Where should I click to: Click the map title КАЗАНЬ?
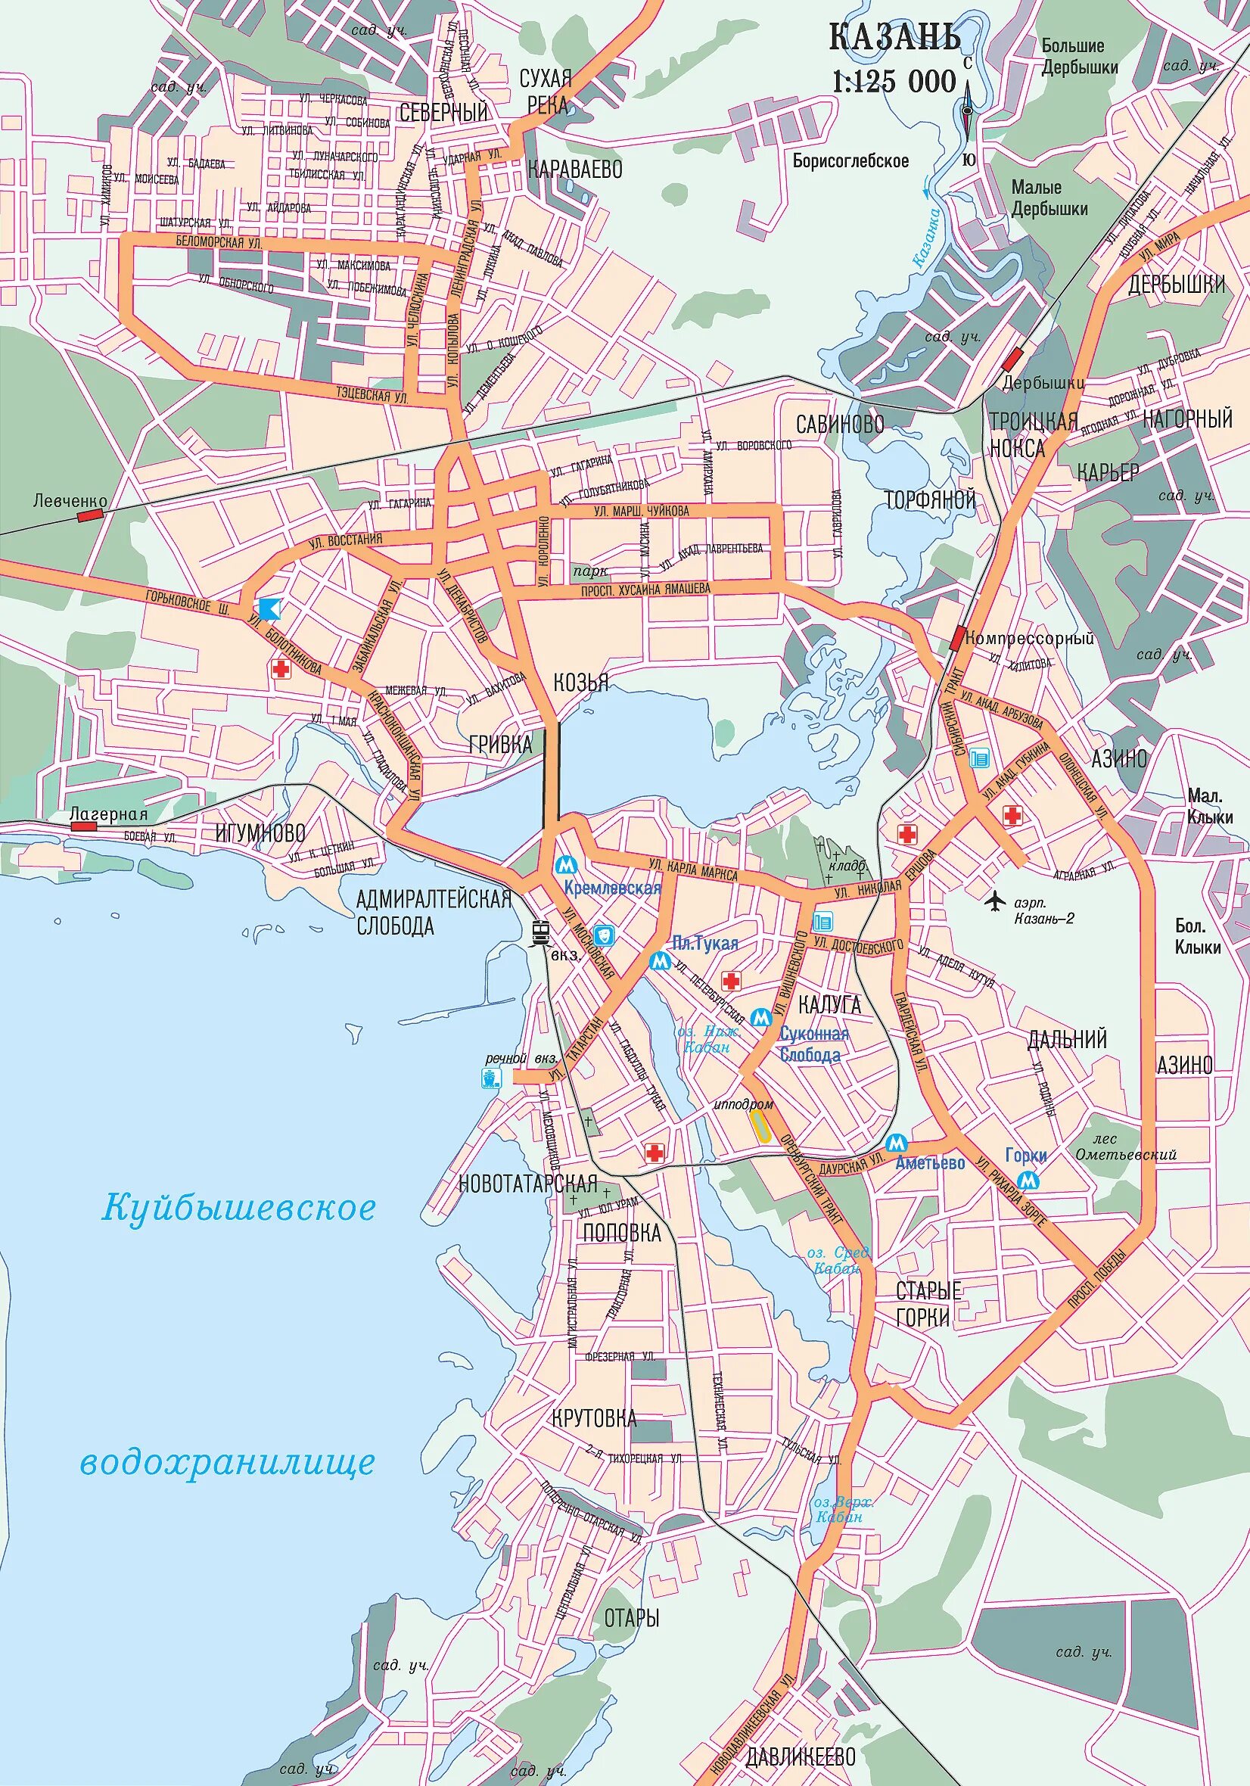click(x=894, y=37)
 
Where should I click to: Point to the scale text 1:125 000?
click(x=894, y=81)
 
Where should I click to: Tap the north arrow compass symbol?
click(x=967, y=110)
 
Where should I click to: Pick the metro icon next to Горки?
click(x=1031, y=1179)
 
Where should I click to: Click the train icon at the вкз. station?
click(x=540, y=931)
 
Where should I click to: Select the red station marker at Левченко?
click(x=91, y=514)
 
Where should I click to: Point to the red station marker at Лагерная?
click(x=83, y=826)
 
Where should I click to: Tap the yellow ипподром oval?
click(x=760, y=1125)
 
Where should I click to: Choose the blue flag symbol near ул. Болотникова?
click(x=269, y=608)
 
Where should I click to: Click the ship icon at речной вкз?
click(x=491, y=1078)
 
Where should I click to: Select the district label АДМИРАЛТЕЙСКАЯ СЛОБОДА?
click(x=434, y=913)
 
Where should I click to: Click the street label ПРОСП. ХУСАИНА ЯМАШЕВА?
click(x=645, y=590)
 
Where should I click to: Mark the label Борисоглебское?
click(x=851, y=161)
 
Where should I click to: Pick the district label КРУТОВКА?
click(x=594, y=1418)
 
